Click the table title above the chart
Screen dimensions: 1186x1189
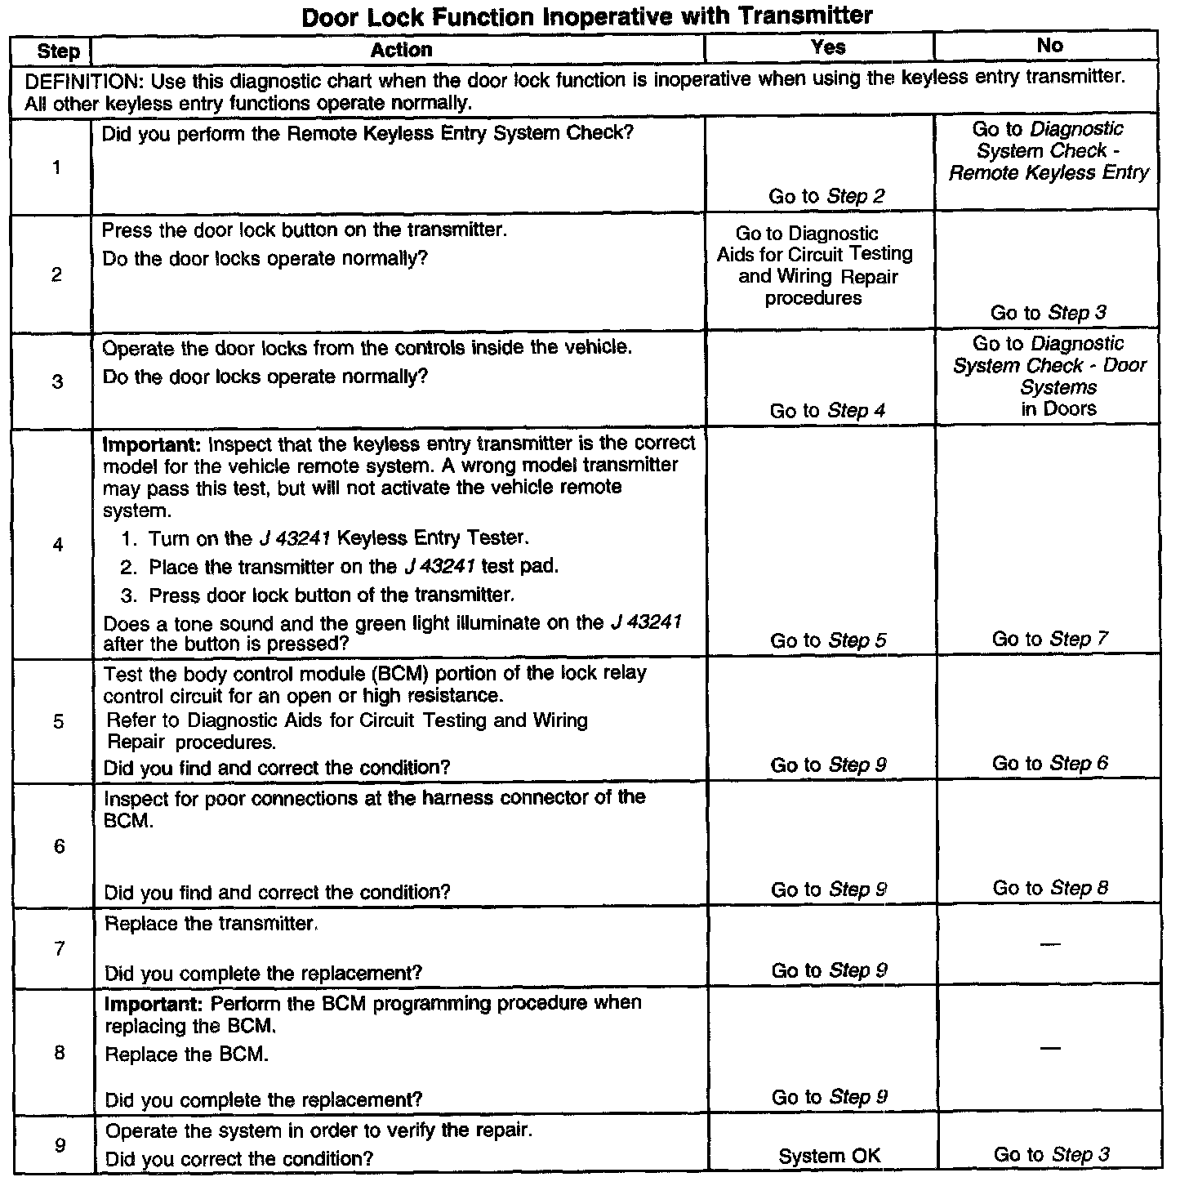tap(587, 16)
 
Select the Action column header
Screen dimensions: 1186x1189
tap(401, 51)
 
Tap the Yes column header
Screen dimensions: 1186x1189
tap(827, 47)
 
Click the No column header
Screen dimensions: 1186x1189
tap(1049, 46)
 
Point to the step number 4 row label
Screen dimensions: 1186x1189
tap(58, 544)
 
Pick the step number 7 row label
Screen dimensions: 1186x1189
tap(59, 948)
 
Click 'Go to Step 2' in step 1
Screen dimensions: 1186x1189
tap(826, 196)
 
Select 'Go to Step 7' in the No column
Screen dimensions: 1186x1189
tap(1049, 639)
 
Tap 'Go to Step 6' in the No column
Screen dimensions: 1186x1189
tap(1049, 764)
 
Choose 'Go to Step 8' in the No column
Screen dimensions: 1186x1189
tap(1049, 888)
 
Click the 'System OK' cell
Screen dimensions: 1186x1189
tap(829, 1156)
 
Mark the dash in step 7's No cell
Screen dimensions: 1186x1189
tap(1050, 945)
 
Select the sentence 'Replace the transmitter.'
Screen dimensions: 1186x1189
tap(211, 924)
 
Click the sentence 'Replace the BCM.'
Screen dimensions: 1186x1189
tap(187, 1054)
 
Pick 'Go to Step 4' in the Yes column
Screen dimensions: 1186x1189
tap(827, 411)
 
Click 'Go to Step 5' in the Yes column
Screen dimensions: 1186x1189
tap(828, 641)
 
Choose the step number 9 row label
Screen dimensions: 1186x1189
tap(60, 1145)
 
